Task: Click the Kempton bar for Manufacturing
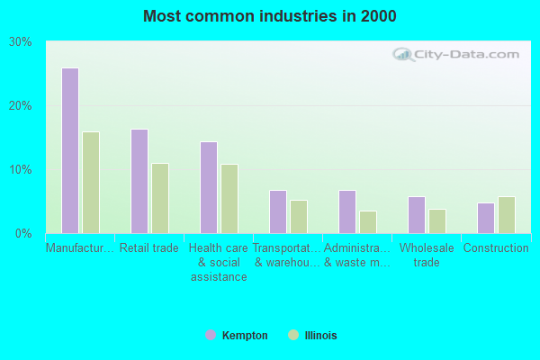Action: (70, 150)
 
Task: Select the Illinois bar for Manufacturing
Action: (91, 183)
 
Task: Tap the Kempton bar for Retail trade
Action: (139, 181)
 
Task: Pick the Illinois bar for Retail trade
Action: (160, 198)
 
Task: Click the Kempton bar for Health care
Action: (209, 187)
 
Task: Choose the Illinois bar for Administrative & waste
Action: (368, 222)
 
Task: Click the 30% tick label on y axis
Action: (21, 42)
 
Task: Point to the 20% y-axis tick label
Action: (21, 106)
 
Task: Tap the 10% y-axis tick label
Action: (21, 170)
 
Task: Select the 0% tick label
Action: (24, 234)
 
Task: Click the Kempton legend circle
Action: (211, 335)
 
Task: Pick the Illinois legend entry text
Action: (320, 336)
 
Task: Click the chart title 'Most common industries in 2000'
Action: (270, 16)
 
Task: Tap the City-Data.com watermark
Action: (459, 54)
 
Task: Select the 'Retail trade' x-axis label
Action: (149, 248)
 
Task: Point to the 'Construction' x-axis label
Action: (496, 248)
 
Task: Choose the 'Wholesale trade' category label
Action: (427, 255)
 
